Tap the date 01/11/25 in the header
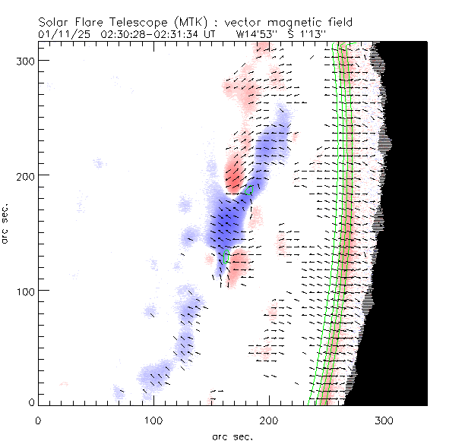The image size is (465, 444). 61,34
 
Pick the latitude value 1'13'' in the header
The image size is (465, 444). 313,34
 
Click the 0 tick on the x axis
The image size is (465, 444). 37,419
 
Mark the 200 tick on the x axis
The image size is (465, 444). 268,419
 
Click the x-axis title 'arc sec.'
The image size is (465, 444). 232,436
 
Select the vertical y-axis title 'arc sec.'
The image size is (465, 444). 7,224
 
